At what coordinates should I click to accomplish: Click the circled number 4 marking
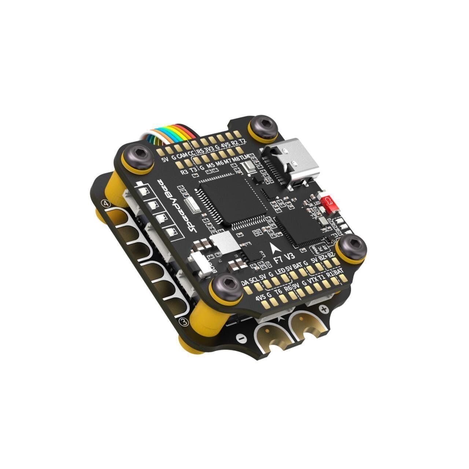pyautogui.click(x=107, y=204)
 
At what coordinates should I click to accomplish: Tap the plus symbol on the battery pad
pyautogui.click(x=324, y=309)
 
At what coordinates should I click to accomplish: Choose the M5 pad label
pyautogui.click(x=211, y=166)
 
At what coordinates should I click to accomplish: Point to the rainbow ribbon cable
pyautogui.click(x=167, y=135)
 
